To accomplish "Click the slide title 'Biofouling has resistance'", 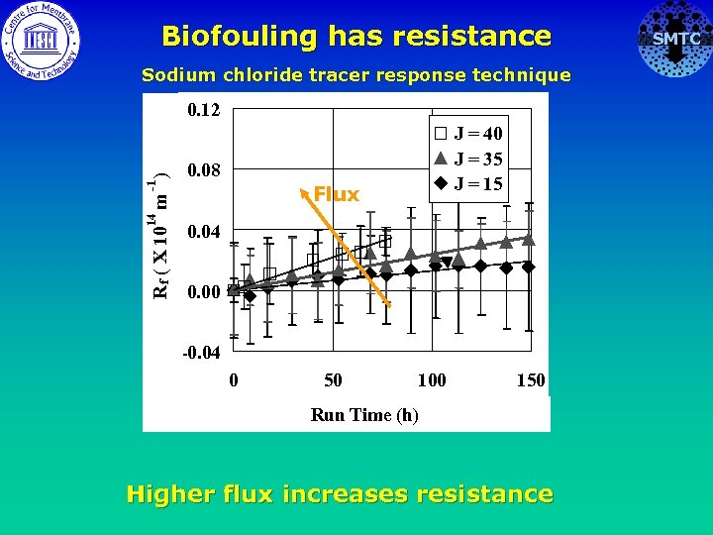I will pyautogui.click(x=356, y=37).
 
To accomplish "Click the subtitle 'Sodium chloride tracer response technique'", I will pyautogui.click(x=356, y=74).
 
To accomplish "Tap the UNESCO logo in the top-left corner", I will pyautogui.click(x=41, y=41).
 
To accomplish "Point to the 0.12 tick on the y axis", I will pyautogui.click(x=204, y=108).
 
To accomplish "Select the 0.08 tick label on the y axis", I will pyautogui.click(x=204, y=169).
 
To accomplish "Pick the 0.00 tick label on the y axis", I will pyautogui.click(x=204, y=292).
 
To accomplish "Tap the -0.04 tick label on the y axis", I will pyautogui.click(x=202, y=353).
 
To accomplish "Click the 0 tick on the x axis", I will pyautogui.click(x=233, y=380).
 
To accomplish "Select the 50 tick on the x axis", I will pyautogui.click(x=333, y=380).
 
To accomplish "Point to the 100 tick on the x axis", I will pyautogui.click(x=432, y=380).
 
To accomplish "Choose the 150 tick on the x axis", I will pyautogui.click(x=531, y=380).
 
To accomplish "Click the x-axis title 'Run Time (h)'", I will pyautogui.click(x=364, y=415).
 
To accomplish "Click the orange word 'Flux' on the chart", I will pyautogui.click(x=336, y=194).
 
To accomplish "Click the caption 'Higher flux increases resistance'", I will pyautogui.click(x=340, y=493).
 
